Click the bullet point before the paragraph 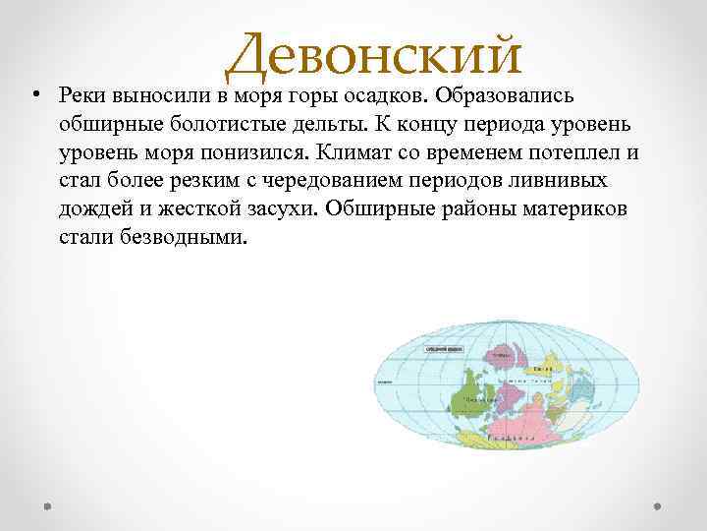click(34, 95)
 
